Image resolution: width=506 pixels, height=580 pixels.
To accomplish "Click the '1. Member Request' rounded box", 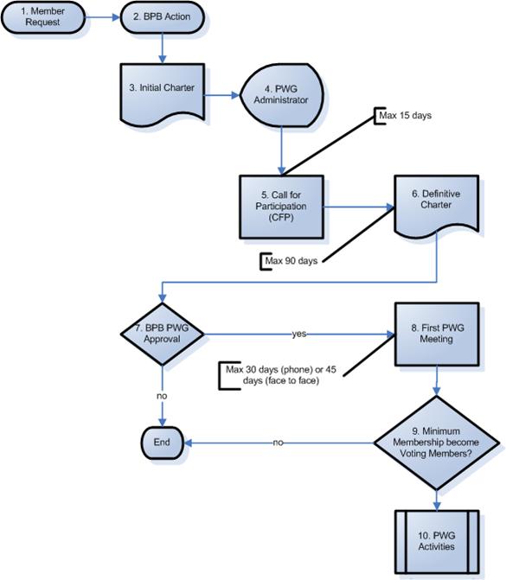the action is point(43,17).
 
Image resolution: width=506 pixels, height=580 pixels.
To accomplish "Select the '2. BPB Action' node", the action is point(162,17).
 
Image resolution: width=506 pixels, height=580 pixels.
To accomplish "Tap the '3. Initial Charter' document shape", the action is point(162,94).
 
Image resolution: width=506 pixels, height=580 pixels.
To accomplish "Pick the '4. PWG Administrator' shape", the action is point(282,95).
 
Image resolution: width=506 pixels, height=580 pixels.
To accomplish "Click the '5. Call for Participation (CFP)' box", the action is point(281,207).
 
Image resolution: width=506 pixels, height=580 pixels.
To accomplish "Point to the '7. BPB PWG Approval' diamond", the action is point(162,334).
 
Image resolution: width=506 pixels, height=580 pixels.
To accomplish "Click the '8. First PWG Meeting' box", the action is point(437,335).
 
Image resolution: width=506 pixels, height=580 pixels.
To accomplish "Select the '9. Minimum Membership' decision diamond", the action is point(437,443).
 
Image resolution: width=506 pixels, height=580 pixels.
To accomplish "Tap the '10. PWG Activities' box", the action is point(437,541).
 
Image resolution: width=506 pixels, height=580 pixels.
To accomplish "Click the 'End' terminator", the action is point(162,443).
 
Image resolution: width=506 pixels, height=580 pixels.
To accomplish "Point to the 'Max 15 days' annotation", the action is point(405,116).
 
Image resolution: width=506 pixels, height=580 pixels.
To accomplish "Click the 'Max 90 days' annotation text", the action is point(291,261).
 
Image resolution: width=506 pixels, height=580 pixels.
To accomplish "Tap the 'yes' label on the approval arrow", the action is point(299,334).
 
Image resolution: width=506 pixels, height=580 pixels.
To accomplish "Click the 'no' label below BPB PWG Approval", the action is point(162,396).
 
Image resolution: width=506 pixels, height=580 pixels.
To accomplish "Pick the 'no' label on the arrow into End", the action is point(278,443).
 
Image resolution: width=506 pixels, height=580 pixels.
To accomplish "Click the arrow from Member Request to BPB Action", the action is point(103,17).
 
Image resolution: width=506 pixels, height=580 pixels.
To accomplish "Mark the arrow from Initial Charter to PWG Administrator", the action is point(222,95).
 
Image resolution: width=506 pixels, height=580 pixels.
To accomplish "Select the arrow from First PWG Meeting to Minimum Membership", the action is point(437,380).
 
